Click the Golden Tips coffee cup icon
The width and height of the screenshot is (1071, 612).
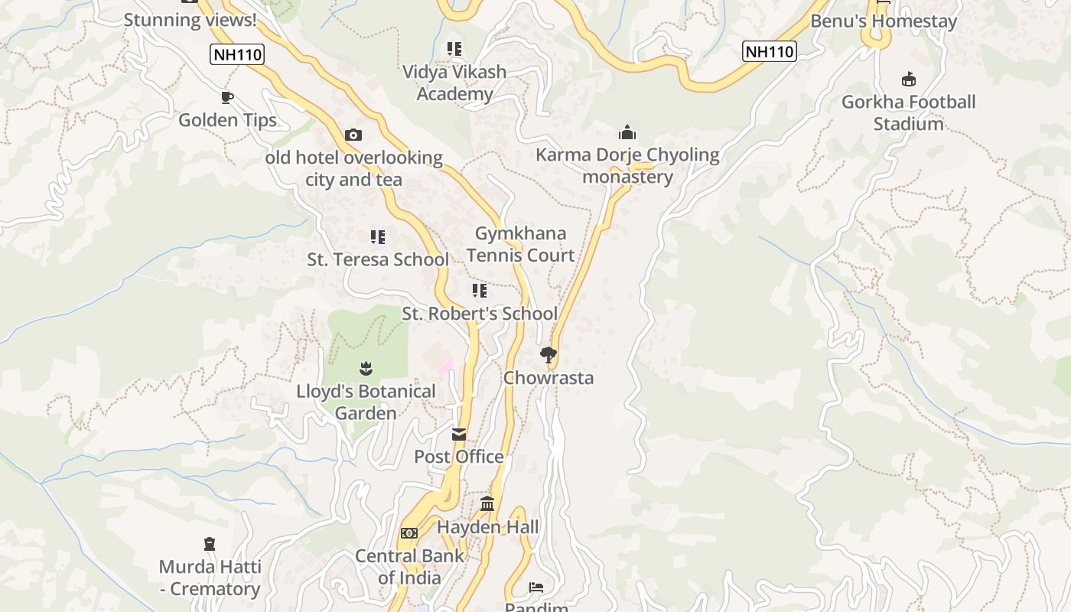pyautogui.click(x=226, y=97)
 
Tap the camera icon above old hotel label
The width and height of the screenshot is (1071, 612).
pyautogui.click(x=353, y=135)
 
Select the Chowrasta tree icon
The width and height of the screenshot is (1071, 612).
pyautogui.click(x=548, y=354)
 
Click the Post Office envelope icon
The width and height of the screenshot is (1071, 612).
pyautogui.click(x=459, y=435)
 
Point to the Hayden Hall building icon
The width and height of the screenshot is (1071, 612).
pyautogui.click(x=487, y=503)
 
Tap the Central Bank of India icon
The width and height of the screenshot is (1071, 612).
pyautogui.click(x=409, y=532)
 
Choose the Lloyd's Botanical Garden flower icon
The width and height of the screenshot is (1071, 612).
pyautogui.click(x=366, y=368)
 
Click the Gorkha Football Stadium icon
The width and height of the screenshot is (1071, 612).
pyautogui.click(x=909, y=79)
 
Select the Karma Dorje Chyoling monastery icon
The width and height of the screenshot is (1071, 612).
pyautogui.click(x=627, y=132)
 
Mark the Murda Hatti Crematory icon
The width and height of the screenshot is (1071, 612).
pyautogui.click(x=210, y=544)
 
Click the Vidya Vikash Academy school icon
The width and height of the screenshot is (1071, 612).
pyautogui.click(x=454, y=49)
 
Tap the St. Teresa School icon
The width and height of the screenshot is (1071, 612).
pyautogui.click(x=377, y=236)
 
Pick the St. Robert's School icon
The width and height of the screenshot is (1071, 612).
pyautogui.click(x=480, y=290)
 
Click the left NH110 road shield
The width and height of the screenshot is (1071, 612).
pyautogui.click(x=236, y=54)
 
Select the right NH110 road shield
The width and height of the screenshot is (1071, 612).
pyautogui.click(x=770, y=51)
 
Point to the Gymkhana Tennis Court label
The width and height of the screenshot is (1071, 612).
pyautogui.click(x=520, y=244)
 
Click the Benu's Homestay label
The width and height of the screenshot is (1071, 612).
pyautogui.click(x=884, y=21)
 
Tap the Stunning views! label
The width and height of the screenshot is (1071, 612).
pyautogui.click(x=190, y=20)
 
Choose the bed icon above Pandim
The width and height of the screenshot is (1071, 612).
pyautogui.click(x=536, y=587)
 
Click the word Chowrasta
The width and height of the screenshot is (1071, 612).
pyautogui.click(x=548, y=378)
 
